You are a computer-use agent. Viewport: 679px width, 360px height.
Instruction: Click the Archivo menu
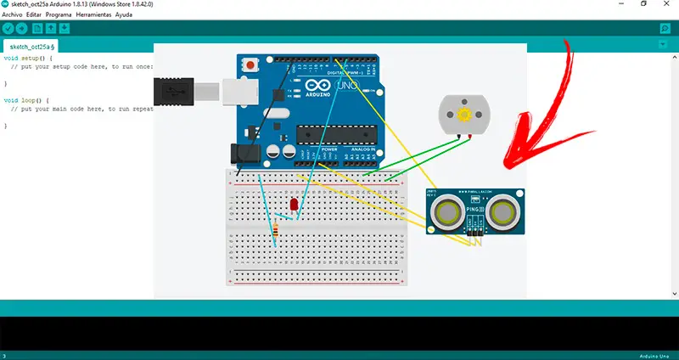(12, 15)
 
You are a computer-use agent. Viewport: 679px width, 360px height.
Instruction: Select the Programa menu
(59, 15)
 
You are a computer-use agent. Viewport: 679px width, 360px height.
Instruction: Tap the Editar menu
(34, 15)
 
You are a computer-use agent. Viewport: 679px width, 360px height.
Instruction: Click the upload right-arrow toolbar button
(22, 29)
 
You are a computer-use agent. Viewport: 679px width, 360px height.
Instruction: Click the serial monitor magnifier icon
(665, 29)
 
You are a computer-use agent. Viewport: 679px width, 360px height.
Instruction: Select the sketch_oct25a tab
(31, 47)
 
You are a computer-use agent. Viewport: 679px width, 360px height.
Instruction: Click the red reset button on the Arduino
(250, 66)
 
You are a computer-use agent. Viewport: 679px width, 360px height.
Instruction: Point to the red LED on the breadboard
(294, 205)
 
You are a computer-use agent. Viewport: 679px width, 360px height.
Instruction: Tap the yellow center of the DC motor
(463, 115)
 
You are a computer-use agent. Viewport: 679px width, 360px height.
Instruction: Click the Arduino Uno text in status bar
(655, 355)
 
